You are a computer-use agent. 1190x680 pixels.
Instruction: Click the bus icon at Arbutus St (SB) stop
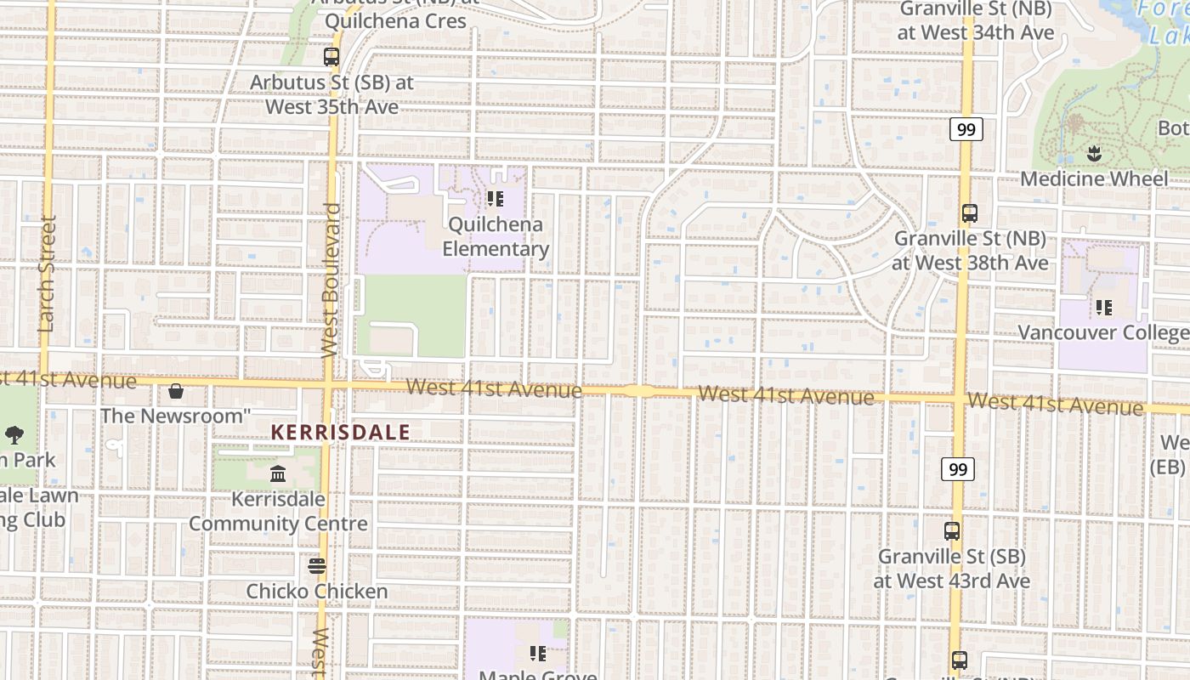coord(331,57)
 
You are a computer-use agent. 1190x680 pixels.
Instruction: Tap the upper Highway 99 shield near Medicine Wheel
coord(966,129)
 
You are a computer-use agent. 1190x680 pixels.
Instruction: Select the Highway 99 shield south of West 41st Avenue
coord(958,469)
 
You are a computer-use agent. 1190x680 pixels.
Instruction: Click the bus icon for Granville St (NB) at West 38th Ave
coord(970,213)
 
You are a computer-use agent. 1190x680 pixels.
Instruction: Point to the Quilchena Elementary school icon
coord(496,200)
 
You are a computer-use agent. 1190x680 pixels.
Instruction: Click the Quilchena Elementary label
coord(496,237)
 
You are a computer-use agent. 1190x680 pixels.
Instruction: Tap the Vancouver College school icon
coord(1104,307)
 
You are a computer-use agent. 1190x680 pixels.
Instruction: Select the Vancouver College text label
coord(1103,332)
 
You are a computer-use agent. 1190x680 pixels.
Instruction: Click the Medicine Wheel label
coord(1094,179)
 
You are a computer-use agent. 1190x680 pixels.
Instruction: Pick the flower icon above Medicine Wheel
coord(1094,154)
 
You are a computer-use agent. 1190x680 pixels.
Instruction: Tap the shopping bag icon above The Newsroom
coord(176,391)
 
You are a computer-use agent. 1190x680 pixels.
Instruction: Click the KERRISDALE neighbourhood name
coord(340,433)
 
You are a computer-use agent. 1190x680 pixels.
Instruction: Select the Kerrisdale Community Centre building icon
coord(278,473)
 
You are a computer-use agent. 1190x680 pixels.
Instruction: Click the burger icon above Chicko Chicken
coord(317,565)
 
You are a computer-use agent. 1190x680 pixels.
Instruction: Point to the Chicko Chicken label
coord(317,591)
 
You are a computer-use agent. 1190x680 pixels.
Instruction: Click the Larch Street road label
coord(47,274)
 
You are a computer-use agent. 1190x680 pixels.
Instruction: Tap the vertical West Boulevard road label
coord(331,280)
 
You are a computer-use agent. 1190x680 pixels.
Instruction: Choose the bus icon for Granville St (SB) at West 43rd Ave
coord(952,531)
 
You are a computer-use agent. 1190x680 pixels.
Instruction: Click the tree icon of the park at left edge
coord(14,435)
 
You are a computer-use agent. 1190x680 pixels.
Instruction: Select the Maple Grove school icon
coord(538,654)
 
